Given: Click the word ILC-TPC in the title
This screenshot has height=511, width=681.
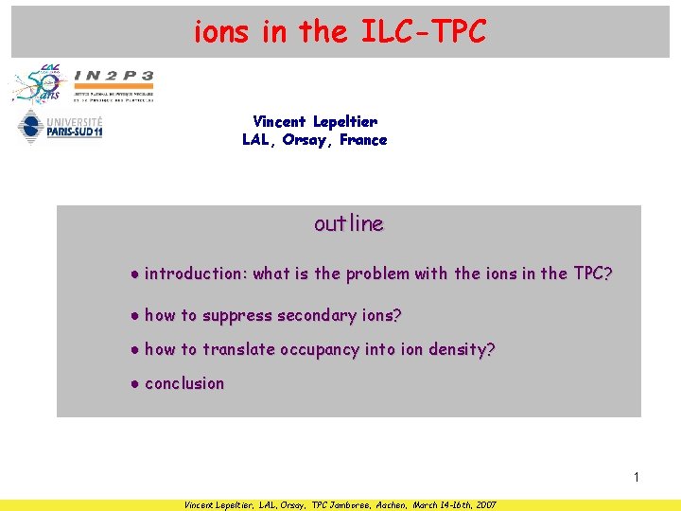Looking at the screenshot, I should pos(424,33).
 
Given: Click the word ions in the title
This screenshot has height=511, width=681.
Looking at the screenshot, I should pos(221,33).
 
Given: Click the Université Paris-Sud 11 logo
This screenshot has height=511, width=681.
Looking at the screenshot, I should pos(60,127).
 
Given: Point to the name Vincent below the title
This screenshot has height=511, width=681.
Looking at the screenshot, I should pos(279,121).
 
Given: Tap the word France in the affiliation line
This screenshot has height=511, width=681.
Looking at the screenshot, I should pos(364,140).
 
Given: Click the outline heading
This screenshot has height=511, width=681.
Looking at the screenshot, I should pos(349,224).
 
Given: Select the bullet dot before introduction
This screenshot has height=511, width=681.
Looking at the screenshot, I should pos(136,274).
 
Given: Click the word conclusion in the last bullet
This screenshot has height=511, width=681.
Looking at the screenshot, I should pos(184,383).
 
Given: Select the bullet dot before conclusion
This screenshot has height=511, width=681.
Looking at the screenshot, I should pos(136,384).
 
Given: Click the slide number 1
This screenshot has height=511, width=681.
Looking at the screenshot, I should pos(637,477).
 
